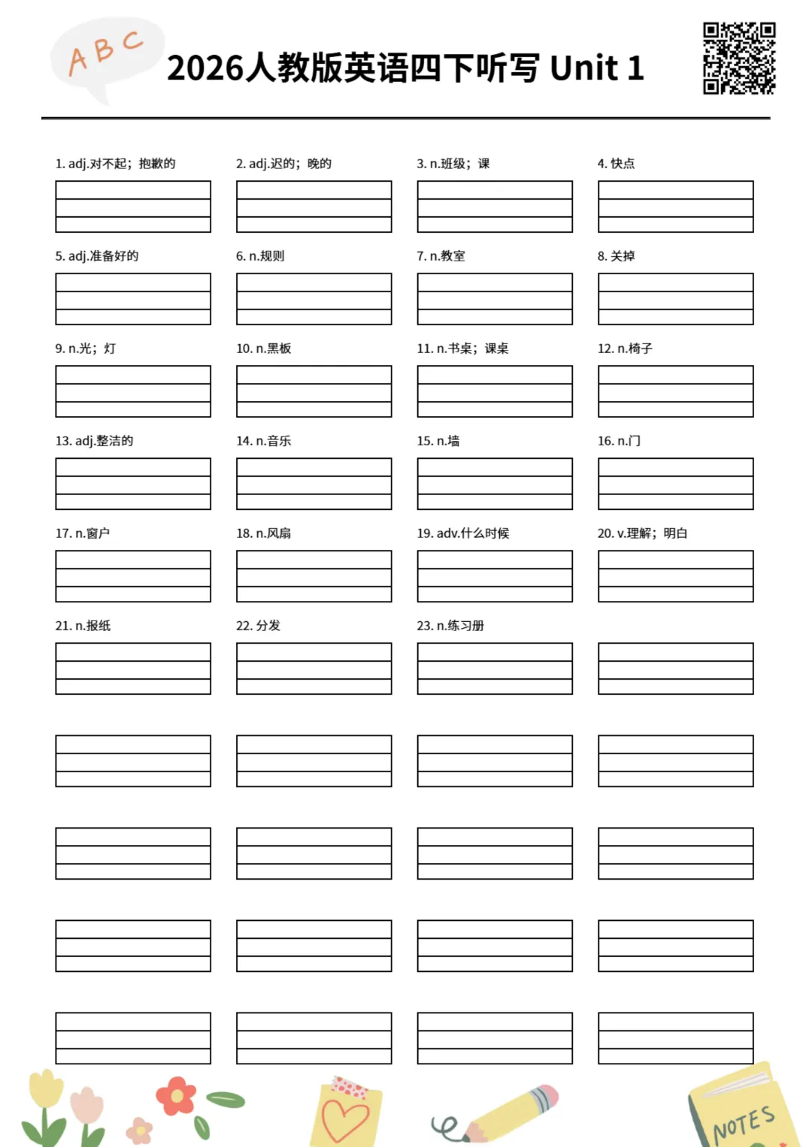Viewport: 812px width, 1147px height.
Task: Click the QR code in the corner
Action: click(x=738, y=58)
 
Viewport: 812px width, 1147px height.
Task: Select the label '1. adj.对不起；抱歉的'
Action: click(x=115, y=164)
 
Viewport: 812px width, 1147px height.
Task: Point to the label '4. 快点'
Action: click(x=616, y=164)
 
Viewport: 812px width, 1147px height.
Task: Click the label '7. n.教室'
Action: click(x=441, y=256)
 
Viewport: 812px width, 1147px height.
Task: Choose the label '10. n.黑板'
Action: click(x=263, y=349)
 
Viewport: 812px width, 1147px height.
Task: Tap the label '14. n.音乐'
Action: click(x=263, y=441)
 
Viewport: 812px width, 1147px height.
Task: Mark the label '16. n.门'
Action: click(x=619, y=441)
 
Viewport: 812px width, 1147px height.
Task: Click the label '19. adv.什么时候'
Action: click(x=462, y=533)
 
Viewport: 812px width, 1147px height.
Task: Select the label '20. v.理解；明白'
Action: click(x=642, y=533)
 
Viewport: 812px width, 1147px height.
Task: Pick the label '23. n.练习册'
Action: click(x=450, y=626)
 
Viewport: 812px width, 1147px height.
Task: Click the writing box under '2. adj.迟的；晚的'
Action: click(x=314, y=207)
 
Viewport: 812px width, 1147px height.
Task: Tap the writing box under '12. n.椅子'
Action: click(x=675, y=391)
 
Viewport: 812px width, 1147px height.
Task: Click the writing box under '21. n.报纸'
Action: click(x=133, y=669)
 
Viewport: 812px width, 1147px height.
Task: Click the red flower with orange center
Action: click(x=176, y=1096)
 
